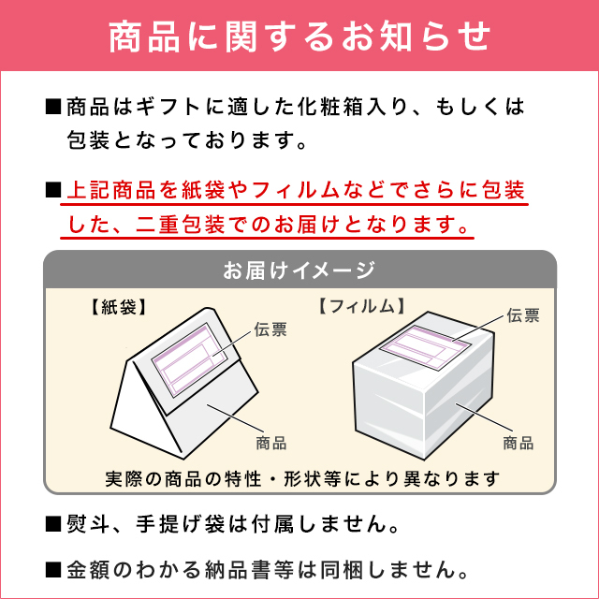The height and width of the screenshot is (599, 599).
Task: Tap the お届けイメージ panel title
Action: (299, 270)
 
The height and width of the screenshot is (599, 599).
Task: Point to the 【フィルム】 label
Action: (361, 306)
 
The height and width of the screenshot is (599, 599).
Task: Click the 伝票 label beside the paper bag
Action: (271, 329)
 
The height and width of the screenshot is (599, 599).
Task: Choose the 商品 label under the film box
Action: (519, 442)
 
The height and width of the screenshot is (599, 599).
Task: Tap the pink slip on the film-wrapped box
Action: (426, 351)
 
